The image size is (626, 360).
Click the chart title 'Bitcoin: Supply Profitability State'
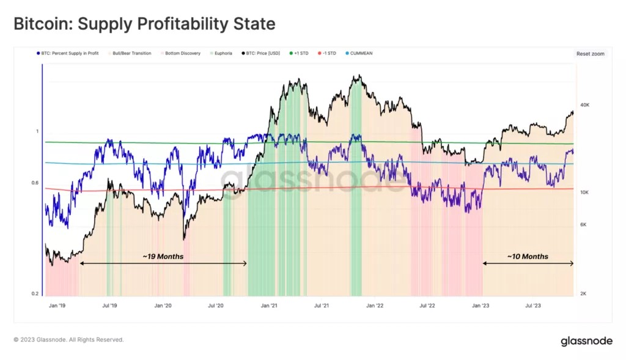(144, 24)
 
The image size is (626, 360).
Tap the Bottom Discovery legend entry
(181, 53)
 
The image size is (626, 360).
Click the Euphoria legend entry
(223, 53)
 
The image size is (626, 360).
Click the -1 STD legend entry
(327, 53)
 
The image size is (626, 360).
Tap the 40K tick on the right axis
(584, 105)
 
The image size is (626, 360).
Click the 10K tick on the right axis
(584, 193)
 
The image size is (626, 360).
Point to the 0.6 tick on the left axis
(35, 183)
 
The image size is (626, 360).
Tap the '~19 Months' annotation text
(163, 257)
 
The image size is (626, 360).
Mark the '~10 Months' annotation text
(528, 257)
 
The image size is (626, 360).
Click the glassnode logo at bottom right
(586, 341)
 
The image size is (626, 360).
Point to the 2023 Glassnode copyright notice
(68, 339)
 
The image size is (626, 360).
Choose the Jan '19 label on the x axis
(57, 304)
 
